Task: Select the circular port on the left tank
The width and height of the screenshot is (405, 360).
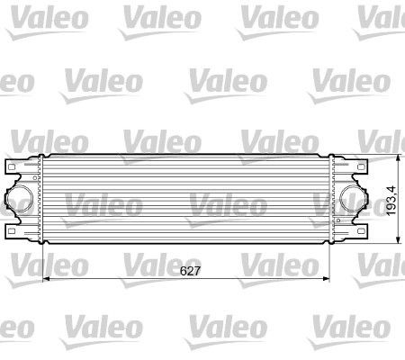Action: pos(24,200)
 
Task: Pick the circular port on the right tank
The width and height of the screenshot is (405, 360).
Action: pos(351,200)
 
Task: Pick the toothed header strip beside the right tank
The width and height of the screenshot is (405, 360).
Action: pos(331,200)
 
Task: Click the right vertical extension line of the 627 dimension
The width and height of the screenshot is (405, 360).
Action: pos(334,261)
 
